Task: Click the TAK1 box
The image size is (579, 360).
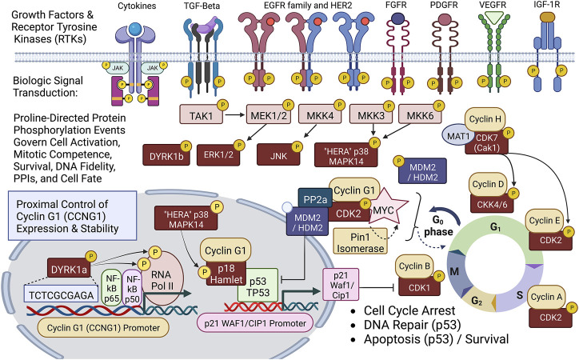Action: (x=205, y=116)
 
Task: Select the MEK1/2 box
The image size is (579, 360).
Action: (x=272, y=116)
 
